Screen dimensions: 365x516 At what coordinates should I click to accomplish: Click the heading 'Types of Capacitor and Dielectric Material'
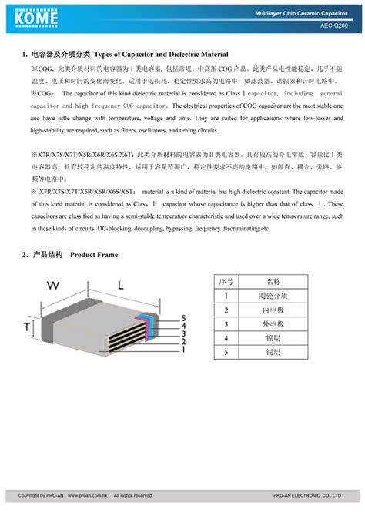pyautogui.click(x=161, y=55)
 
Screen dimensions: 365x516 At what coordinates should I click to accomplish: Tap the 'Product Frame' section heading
pyautogui.click(x=93, y=255)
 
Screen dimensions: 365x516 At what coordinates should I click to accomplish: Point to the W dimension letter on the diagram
pyautogui.click(x=53, y=285)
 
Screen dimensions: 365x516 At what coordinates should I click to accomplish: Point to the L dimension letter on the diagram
pyautogui.click(x=122, y=285)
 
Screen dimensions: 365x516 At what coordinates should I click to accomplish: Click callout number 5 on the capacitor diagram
pyautogui.click(x=183, y=318)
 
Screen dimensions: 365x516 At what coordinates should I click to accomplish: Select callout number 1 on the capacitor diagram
pyautogui.click(x=182, y=350)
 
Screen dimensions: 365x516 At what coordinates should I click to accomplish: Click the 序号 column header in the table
pyautogui.click(x=226, y=282)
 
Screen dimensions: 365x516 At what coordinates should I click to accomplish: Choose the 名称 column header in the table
pyautogui.click(x=273, y=282)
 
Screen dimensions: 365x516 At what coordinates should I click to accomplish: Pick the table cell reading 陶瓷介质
pyautogui.click(x=273, y=296)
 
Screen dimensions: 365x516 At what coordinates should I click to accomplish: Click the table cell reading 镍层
pyautogui.click(x=273, y=338)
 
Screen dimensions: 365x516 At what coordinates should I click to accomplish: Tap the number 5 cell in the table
pyautogui.click(x=226, y=352)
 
